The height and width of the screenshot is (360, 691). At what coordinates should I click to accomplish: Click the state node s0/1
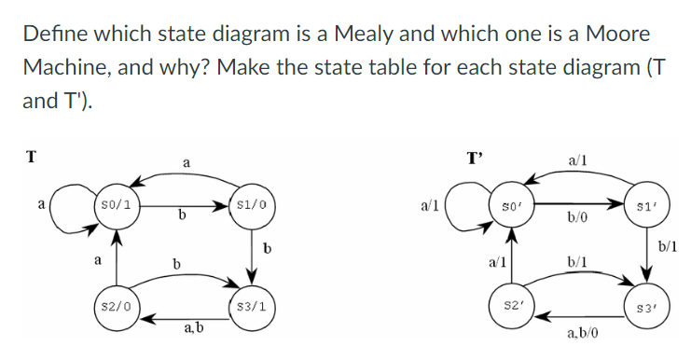pyautogui.click(x=119, y=203)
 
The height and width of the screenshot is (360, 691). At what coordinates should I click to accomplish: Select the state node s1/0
pyautogui.click(x=250, y=203)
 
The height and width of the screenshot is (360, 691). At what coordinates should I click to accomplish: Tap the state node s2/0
pyautogui.click(x=118, y=305)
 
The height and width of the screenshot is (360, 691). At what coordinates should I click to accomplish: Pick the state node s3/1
pyautogui.click(x=250, y=305)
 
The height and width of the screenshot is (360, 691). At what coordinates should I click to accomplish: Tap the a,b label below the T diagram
pyautogui.click(x=195, y=327)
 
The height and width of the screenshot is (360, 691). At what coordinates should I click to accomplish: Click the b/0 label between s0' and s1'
pyautogui.click(x=577, y=217)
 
